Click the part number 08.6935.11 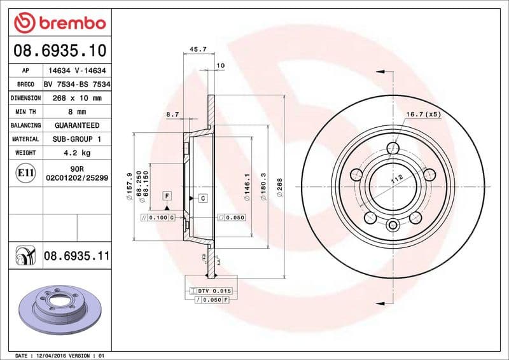pyautogui.click(x=77, y=256)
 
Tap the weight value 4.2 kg pyautogui.click(x=76, y=153)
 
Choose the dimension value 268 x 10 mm pyautogui.click(x=76, y=99)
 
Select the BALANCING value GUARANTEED pyautogui.click(x=76, y=126)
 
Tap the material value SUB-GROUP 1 pyautogui.click(x=76, y=139)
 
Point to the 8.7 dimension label pyautogui.click(x=172, y=114)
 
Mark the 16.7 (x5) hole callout pyautogui.click(x=424, y=114)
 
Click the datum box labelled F pyautogui.click(x=167, y=196)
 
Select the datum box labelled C pyautogui.click(x=203, y=198)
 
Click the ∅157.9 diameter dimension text pyautogui.click(x=129, y=187)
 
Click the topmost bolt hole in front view pyautogui.click(x=393, y=149)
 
